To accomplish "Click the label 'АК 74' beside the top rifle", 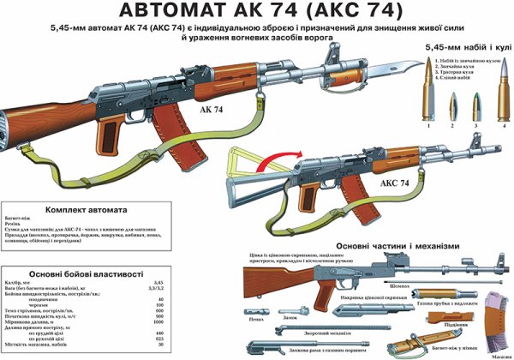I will [216, 111].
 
